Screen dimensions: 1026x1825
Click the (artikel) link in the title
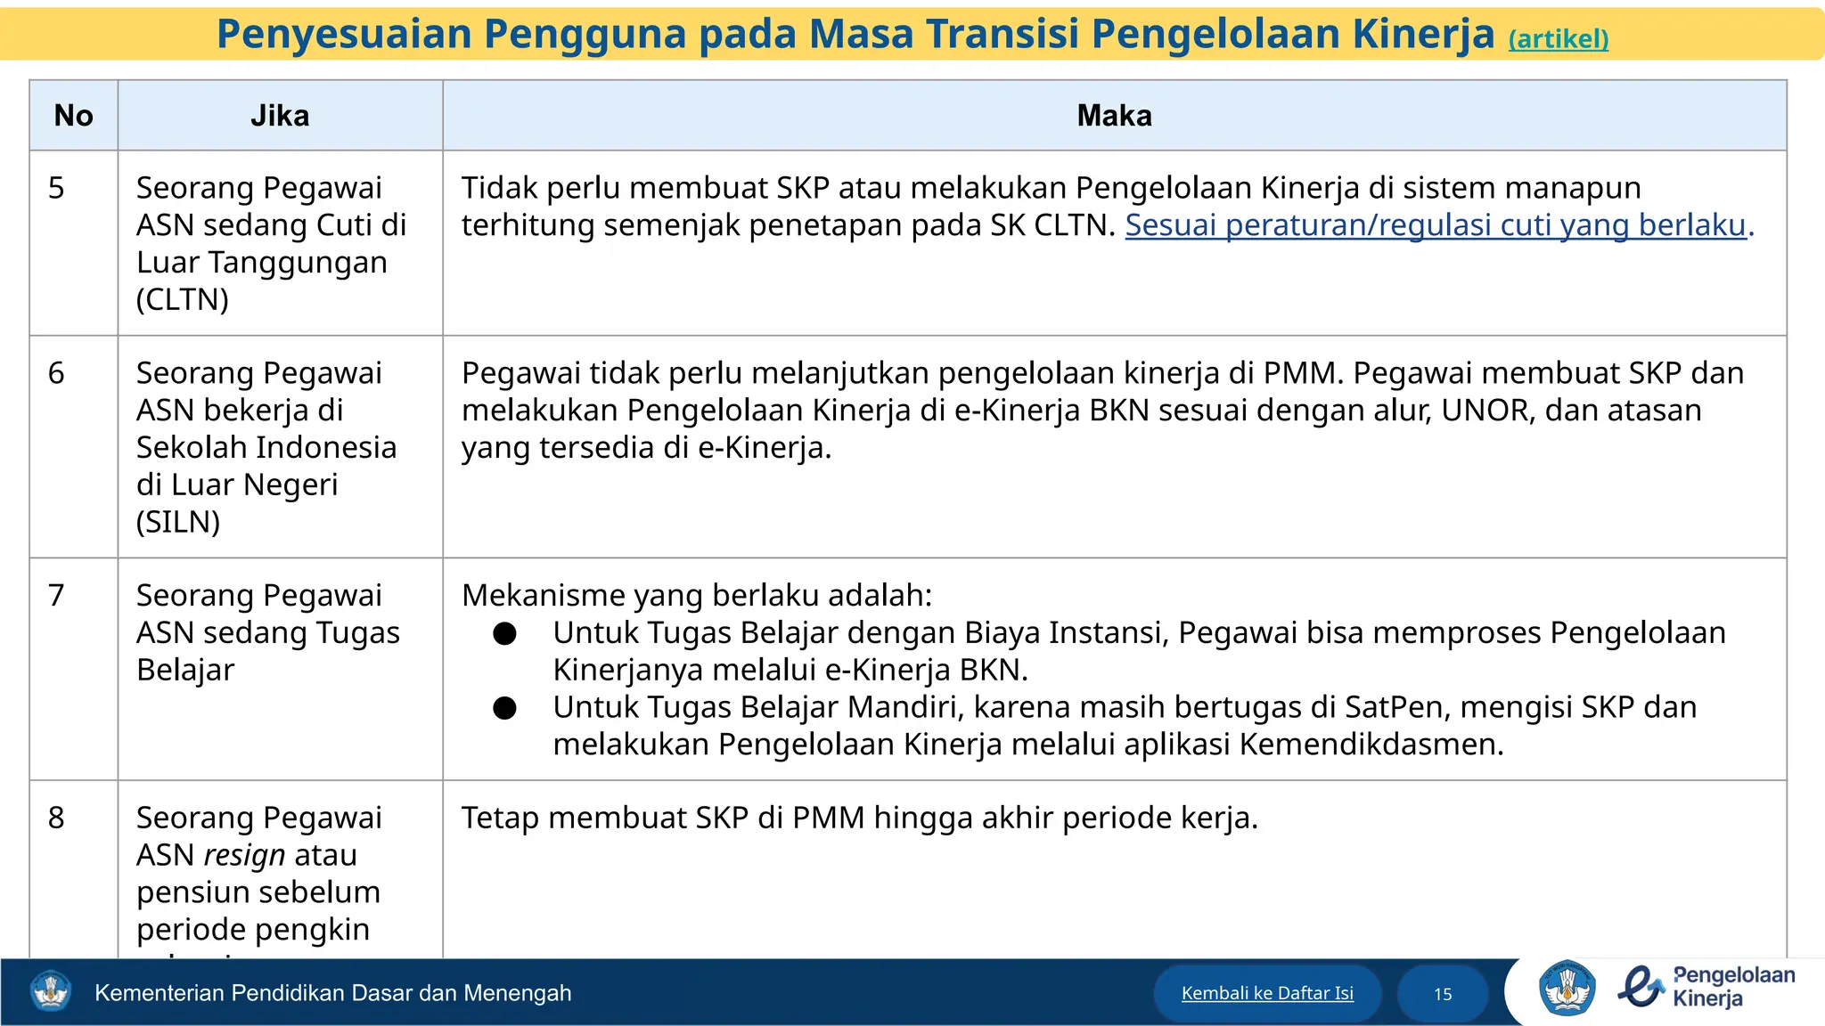click(x=1558, y=39)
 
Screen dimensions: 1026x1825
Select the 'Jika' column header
click(x=280, y=116)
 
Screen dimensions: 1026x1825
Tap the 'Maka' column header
click(x=1114, y=116)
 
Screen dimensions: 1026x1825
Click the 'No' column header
click(x=73, y=116)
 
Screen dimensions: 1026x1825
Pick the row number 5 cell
click(x=56, y=188)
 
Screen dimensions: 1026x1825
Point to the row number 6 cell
click(x=56, y=373)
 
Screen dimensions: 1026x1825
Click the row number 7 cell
click(x=56, y=595)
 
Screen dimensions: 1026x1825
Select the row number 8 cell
click(x=56, y=818)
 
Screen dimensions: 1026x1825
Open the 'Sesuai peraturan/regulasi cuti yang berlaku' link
click(x=1435, y=225)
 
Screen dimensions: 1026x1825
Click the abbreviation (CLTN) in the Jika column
click(x=183, y=300)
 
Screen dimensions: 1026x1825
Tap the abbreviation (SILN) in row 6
click(x=178, y=522)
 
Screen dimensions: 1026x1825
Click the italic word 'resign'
click(x=244, y=855)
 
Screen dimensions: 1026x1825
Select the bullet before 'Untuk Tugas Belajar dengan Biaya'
click(x=505, y=633)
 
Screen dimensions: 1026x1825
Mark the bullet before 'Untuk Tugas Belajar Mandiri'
click(x=505, y=708)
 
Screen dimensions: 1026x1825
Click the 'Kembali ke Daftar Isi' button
click(x=1267, y=993)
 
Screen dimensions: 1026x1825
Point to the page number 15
click(x=1443, y=994)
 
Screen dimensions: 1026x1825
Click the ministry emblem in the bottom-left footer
click(x=50, y=991)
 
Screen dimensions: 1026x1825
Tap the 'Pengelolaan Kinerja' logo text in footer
click(x=1733, y=987)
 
